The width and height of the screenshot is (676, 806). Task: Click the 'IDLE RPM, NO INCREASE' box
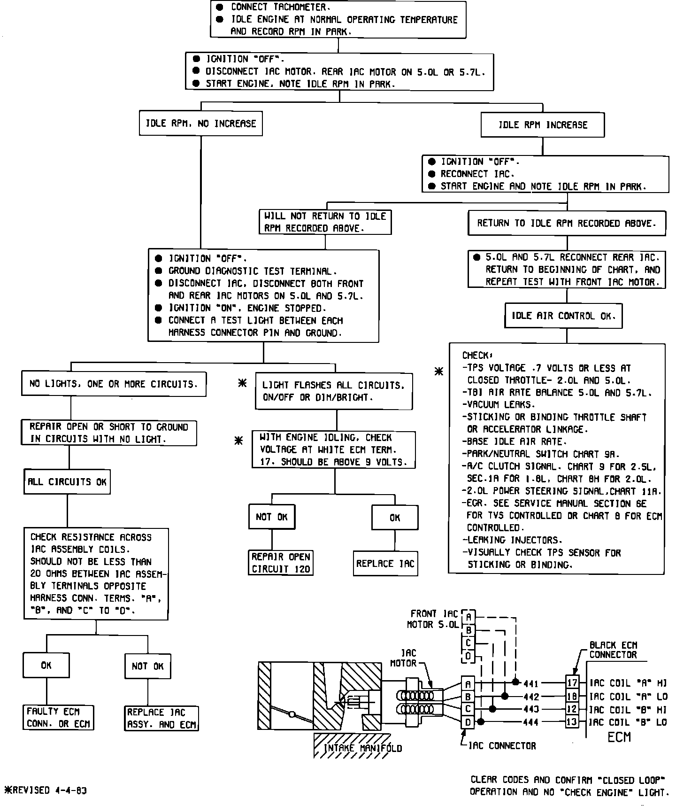(x=200, y=124)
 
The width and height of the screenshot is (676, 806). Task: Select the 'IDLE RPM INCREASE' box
(x=543, y=125)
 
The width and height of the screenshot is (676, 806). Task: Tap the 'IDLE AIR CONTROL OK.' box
(x=563, y=316)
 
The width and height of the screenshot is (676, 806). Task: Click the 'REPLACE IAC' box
(x=385, y=564)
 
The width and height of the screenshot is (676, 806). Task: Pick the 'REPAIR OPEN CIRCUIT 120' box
(x=281, y=563)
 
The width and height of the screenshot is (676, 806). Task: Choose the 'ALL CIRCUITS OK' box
(x=67, y=482)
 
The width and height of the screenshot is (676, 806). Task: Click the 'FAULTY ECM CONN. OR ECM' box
(x=58, y=717)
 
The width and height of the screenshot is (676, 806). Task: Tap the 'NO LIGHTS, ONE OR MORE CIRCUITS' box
(x=114, y=384)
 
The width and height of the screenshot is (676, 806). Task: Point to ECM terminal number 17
(x=572, y=683)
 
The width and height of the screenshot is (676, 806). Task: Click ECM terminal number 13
(x=572, y=721)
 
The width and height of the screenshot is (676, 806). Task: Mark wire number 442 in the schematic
(x=531, y=697)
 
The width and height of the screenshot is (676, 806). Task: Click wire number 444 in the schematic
(x=531, y=722)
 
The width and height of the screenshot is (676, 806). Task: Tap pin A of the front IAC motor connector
(x=469, y=617)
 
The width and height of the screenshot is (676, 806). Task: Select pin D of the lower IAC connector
(x=468, y=721)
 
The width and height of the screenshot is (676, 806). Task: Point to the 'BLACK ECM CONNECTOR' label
(x=613, y=650)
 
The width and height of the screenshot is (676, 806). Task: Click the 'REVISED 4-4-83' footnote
(x=46, y=790)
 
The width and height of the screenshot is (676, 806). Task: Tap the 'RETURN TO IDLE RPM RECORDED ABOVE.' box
(x=567, y=223)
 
